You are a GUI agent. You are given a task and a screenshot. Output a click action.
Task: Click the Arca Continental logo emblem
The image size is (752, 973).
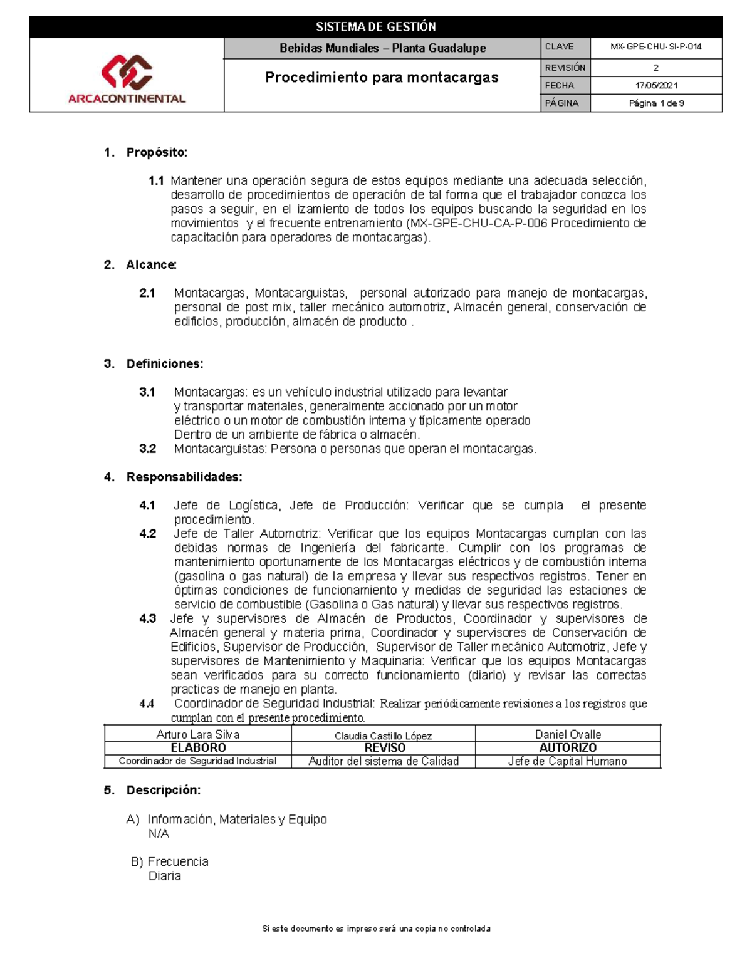127,71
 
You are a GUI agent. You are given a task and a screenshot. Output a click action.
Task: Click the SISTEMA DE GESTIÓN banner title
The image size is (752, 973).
375,27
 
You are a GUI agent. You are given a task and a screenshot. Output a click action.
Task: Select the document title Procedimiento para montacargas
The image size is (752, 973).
382,78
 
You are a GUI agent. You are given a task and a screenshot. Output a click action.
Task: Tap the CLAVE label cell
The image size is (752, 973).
559,47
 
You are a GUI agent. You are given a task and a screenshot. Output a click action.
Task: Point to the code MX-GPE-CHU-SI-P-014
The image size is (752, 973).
656,47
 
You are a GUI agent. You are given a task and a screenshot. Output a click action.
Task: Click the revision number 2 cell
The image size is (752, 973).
656,68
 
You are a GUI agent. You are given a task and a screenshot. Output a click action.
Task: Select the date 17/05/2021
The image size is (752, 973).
656,85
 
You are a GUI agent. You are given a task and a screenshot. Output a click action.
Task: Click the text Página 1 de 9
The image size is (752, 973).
656,103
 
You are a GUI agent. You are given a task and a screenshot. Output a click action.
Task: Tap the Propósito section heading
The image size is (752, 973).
157,152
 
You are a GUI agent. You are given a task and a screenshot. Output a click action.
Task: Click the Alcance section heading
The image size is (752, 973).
151,265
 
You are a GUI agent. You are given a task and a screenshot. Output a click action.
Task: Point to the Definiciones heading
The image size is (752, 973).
164,364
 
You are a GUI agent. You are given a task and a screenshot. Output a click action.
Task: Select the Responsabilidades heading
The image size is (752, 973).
184,477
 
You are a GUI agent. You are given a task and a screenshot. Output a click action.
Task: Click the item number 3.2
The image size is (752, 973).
147,449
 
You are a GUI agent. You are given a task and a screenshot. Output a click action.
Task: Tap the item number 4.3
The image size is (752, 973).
147,618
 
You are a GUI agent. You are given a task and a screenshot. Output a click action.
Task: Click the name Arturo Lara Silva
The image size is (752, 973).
197,734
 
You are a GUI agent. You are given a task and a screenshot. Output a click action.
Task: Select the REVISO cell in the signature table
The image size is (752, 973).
385,748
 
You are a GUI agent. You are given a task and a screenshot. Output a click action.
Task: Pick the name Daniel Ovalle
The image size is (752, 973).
568,734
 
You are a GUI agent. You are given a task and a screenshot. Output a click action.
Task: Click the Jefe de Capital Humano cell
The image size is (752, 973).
567,761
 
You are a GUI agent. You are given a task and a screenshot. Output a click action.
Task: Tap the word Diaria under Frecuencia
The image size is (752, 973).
165,876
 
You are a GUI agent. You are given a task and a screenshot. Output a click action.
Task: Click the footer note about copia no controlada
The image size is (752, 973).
376,929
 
